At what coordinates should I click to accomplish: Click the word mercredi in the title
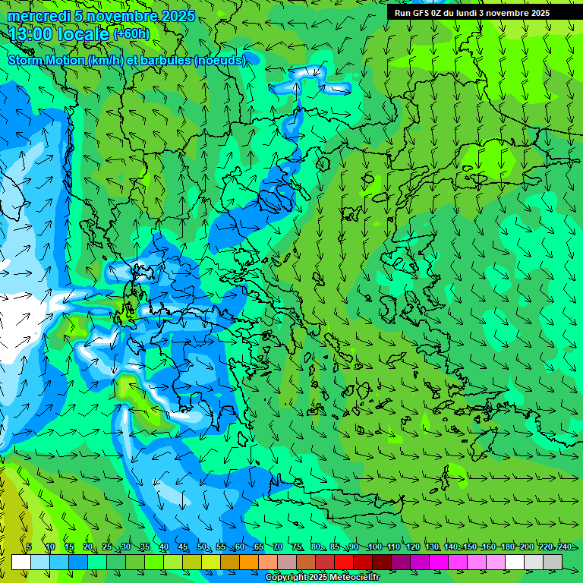click(39, 16)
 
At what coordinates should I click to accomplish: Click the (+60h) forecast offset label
click(131, 33)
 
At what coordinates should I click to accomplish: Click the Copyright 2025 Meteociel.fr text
click(322, 577)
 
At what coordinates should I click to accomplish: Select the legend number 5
click(29, 547)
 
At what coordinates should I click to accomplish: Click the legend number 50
click(202, 547)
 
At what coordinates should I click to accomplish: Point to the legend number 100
click(374, 547)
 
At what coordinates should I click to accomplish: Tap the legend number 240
click(564, 547)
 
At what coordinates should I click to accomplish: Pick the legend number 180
click(506, 547)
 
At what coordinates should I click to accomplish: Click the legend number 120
click(412, 547)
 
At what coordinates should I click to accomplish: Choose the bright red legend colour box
click(344, 562)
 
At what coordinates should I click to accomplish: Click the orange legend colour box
click(249, 562)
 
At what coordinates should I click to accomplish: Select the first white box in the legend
click(21, 562)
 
